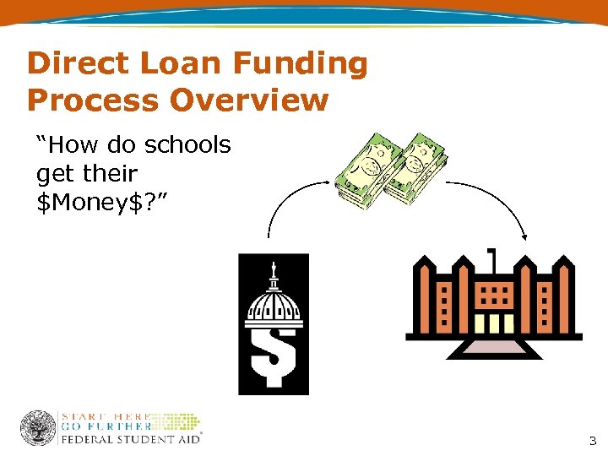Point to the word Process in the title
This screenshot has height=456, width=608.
[92, 100]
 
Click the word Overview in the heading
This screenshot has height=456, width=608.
[250, 100]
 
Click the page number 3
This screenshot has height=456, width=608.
[592, 440]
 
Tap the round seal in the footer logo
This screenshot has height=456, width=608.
[38, 428]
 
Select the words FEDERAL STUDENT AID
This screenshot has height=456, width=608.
[130, 439]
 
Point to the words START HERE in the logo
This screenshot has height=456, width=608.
[106, 416]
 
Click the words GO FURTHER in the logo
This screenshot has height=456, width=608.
[106, 427]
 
